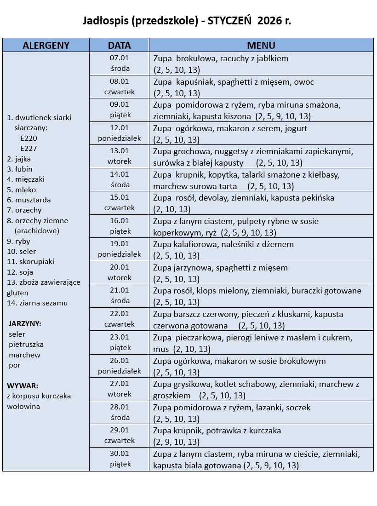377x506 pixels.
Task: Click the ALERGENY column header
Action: point(46,45)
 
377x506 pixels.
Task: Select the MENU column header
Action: point(261,45)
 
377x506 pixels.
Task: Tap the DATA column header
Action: point(120,45)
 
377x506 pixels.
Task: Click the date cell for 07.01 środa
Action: point(120,63)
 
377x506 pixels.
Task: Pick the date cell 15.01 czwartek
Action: point(120,203)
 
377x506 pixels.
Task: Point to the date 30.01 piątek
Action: point(120,459)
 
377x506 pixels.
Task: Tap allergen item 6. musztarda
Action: point(29,200)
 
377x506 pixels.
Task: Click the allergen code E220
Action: point(29,138)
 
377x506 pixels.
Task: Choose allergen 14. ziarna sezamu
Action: point(37,303)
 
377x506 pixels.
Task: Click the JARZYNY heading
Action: point(24,323)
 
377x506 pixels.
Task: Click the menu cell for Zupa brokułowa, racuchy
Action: point(261,63)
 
